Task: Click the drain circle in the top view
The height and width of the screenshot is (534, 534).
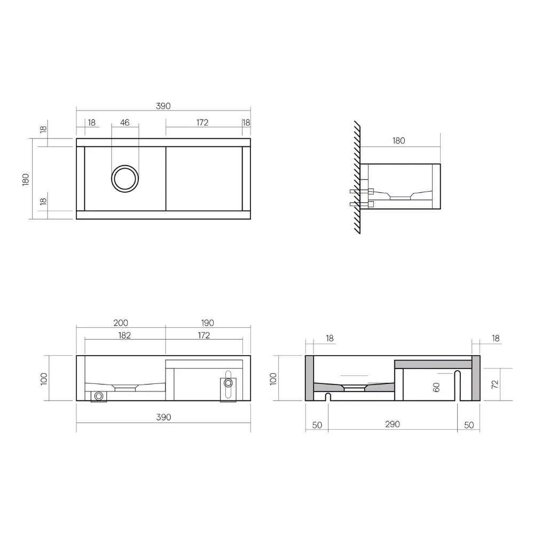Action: tap(125, 178)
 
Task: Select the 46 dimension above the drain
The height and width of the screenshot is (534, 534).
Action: tap(125, 123)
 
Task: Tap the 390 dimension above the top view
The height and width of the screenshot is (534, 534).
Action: tap(163, 106)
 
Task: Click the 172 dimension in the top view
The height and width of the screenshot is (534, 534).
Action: tap(202, 123)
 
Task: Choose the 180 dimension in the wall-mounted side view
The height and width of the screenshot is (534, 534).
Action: tap(399, 141)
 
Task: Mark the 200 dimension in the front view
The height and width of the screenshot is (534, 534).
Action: tap(121, 323)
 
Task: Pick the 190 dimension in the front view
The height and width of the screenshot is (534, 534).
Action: tap(208, 323)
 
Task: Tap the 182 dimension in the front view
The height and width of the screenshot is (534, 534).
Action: tap(124, 335)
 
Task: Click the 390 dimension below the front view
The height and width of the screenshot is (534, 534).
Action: tap(163, 417)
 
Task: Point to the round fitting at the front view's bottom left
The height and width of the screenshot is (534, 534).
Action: tap(99, 396)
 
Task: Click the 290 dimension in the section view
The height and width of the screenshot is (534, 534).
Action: tap(392, 425)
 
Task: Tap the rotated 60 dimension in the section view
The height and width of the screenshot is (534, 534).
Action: tap(437, 387)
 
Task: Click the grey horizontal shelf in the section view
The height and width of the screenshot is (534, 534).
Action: tap(433, 364)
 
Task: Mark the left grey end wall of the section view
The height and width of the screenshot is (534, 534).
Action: tap(309, 378)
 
